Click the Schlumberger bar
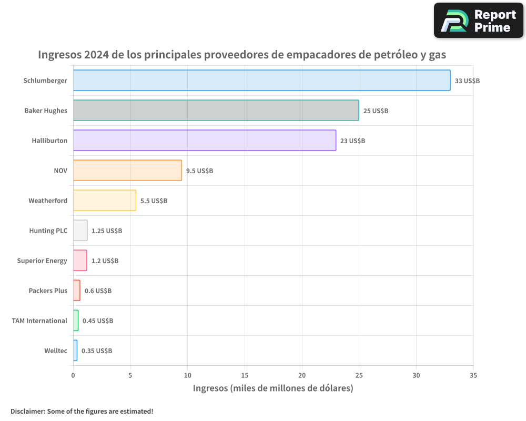(261, 81)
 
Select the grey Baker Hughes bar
(216, 111)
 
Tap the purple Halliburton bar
(204, 141)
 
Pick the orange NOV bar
(127, 171)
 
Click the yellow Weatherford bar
(104, 201)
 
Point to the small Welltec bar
(75, 350)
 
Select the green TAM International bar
(76, 320)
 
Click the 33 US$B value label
(467, 81)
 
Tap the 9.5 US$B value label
(199, 171)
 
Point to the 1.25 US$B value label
(106, 231)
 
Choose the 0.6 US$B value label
(98, 291)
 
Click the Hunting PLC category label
(48, 230)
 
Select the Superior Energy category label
(42, 260)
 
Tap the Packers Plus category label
(48, 290)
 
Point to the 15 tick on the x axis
(245, 376)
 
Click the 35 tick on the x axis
(473, 376)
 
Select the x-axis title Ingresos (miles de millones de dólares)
(273, 388)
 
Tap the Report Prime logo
(478, 21)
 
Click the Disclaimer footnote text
(82, 411)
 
